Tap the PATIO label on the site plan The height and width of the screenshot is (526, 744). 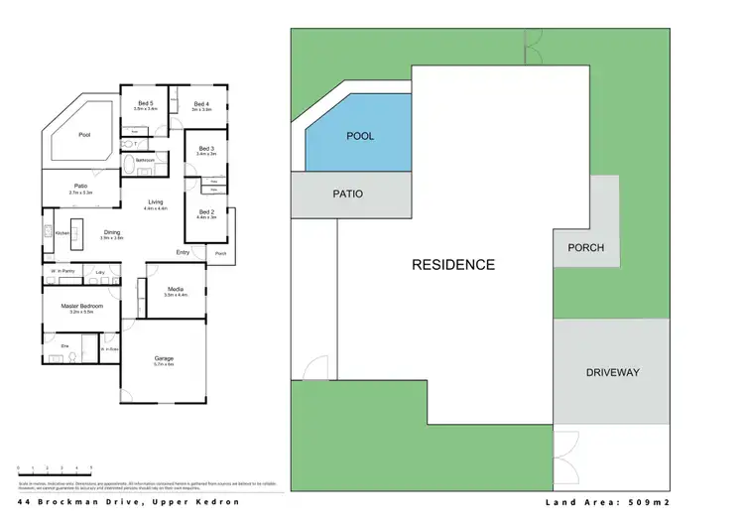(x=347, y=195)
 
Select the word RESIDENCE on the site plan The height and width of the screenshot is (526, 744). (x=452, y=265)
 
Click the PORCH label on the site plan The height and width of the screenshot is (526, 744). (x=585, y=247)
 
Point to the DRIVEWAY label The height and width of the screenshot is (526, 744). (x=612, y=372)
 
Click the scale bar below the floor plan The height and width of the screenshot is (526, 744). (x=56, y=468)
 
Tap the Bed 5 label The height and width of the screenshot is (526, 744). (x=145, y=103)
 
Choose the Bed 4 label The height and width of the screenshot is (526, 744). (x=201, y=103)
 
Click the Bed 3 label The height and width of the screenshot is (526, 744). (x=206, y=149)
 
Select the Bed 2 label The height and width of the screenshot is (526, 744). (x=206, y=211)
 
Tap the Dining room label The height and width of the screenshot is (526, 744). (x=111, y=233)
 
